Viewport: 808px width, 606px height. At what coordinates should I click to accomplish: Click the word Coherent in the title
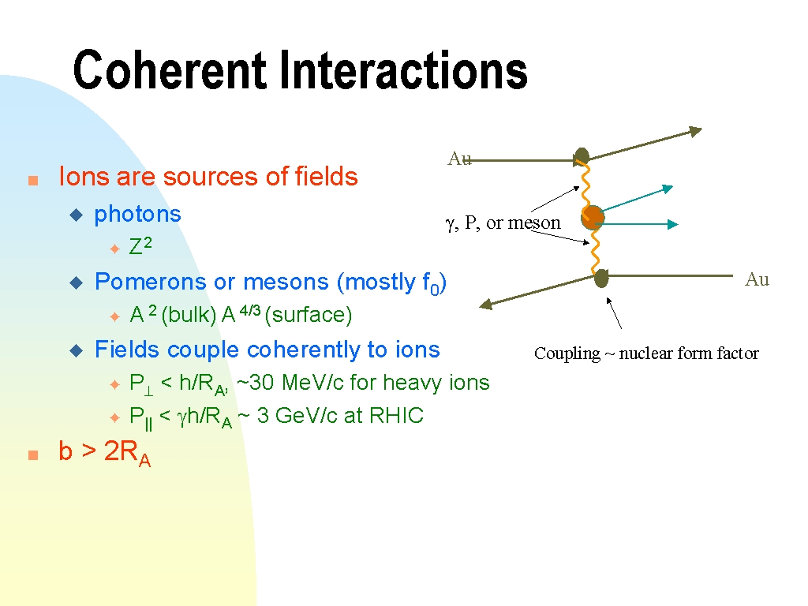point(170,69)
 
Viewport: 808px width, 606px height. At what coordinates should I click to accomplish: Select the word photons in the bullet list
point(137,215)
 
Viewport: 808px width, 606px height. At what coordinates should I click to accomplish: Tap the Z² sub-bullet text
point(140,246)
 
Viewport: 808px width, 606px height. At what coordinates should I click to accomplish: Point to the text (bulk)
point(189,314)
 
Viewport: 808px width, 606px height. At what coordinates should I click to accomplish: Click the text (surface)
point(309,314)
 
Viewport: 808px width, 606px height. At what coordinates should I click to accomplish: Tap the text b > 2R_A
point(105,452)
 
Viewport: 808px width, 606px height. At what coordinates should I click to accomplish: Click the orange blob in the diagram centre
point(593,217)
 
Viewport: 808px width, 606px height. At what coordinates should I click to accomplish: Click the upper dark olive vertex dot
point(582,156)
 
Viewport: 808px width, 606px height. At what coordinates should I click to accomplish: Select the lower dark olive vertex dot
point(601,279)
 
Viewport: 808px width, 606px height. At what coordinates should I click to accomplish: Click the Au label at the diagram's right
point(757,279)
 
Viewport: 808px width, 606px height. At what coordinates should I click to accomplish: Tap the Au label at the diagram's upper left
point(459,158)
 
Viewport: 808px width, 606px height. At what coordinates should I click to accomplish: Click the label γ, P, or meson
point(503,223)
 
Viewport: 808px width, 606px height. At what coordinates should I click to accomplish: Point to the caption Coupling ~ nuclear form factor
point(646,353)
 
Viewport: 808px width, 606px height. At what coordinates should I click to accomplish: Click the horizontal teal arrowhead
point(672,224)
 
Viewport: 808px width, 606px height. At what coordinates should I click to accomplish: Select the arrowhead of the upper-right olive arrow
point(696,132)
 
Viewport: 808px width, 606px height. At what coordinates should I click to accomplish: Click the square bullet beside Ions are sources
point(33,181)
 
